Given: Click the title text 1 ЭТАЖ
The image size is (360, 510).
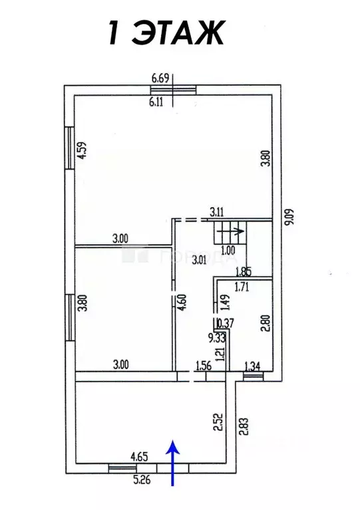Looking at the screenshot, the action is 166,33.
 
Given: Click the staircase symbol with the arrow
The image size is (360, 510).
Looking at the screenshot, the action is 230,232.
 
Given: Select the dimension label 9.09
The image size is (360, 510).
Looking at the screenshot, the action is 290,216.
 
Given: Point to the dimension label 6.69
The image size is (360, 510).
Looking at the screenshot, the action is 160,78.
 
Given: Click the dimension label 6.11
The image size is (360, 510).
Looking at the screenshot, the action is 156,102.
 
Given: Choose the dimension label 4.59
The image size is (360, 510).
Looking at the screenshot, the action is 83,150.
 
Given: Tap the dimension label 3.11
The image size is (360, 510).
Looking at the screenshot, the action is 216,213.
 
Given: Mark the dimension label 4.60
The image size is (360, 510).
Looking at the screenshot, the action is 182,303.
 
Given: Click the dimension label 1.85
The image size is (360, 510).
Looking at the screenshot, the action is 243,271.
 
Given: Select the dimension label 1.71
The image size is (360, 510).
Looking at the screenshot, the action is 242,287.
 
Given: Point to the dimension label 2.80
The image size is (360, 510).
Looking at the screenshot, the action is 266,322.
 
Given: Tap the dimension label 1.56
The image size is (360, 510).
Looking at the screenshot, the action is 204,366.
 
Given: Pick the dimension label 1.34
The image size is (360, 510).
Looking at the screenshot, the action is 252,366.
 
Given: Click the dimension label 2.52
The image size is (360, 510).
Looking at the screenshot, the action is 218,422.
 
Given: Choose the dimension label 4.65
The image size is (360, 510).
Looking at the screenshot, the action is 139,457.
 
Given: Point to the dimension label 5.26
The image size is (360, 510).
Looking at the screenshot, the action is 142,479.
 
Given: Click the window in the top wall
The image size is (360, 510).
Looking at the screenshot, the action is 174,90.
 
